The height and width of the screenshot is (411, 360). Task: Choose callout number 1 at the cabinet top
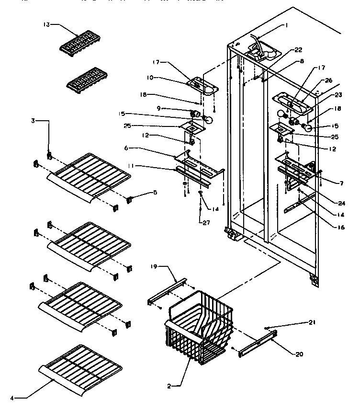tap(286, 25)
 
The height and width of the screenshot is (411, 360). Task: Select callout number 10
tap(149, 78)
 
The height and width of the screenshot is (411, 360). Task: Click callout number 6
tap(125, 148)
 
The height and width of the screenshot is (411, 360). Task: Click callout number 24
tap(328, 195)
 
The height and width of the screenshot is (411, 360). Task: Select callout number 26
tap(328, 80)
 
